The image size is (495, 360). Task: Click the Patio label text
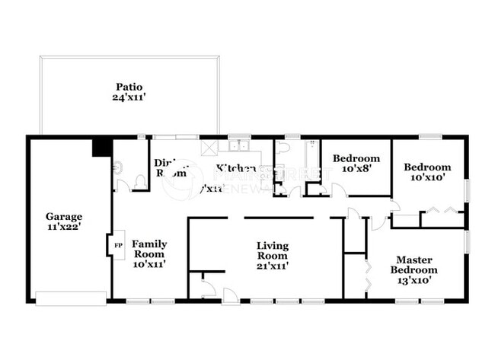129,87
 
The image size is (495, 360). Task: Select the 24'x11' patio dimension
129,97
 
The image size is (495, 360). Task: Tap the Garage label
64,216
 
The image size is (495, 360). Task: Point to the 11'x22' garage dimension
64,226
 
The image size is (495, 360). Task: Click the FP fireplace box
117,246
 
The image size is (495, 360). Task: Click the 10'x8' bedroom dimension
356,169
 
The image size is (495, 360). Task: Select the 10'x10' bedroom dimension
426,177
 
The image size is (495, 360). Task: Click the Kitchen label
235,168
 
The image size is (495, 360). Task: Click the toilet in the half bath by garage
139,181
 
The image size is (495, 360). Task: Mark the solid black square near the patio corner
101,146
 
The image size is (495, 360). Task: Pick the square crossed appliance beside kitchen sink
210,147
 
